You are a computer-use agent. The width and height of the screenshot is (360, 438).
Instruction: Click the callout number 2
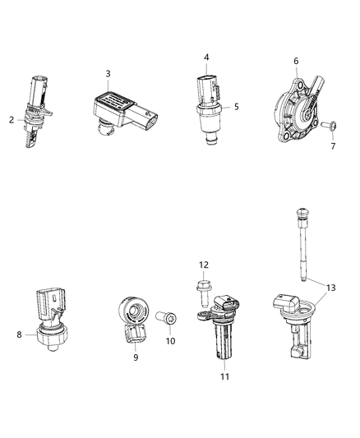(x=12, y=120)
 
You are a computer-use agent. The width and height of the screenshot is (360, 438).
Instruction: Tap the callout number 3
(x=108, y=74)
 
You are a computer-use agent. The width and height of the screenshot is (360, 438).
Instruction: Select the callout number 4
(x=206, y=58)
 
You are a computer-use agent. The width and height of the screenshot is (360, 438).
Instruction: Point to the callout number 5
(x=236, y=106)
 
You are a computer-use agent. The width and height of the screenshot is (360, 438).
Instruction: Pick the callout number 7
(x=334, y=145)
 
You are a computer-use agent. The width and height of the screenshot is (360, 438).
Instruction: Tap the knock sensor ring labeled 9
(x=134, y=316)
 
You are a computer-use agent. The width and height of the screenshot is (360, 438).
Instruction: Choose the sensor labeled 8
(x=48, y=320)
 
